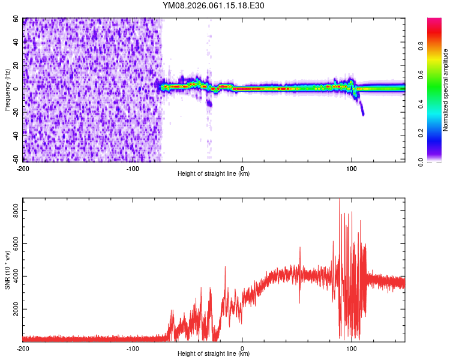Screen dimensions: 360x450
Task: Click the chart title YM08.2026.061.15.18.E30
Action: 214,5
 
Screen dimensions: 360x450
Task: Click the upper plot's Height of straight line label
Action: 214,174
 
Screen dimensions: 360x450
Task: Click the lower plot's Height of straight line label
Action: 214,354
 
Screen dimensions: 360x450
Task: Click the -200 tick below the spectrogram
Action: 23,168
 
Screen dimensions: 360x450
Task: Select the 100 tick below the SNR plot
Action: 352,348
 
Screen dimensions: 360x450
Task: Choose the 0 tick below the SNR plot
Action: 242,348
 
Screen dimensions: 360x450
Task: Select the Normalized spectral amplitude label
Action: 445,90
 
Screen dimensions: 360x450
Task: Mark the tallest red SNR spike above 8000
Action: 340,200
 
